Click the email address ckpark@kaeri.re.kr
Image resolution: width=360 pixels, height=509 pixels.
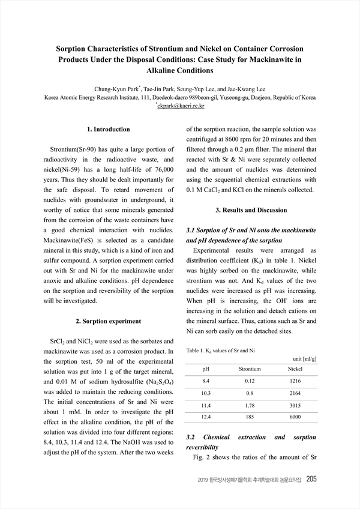coord(181,106)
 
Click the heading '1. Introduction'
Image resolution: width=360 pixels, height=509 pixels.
coord(108,129)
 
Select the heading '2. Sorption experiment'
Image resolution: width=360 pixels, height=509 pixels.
coord(108,321)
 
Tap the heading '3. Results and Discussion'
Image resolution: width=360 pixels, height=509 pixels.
coord(251,210)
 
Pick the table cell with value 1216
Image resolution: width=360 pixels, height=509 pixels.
coord(295,381)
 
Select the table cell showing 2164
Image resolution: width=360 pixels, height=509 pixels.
coord(295,393)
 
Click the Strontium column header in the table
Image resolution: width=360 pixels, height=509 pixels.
coord(250,368)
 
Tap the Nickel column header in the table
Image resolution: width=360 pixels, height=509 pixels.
coord(295,368)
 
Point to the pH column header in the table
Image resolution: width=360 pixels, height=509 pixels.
coord(206,368)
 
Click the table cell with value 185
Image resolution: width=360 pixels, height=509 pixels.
coord(250,417)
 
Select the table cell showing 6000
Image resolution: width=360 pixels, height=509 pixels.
coord(295,417)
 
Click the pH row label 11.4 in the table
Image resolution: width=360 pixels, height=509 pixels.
coord(206,405)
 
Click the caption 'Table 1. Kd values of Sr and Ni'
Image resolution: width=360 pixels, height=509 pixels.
coord(220,349)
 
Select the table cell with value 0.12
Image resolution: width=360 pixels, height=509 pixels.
coord(250,381)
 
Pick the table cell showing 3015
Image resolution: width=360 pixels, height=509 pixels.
coord(295,405)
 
